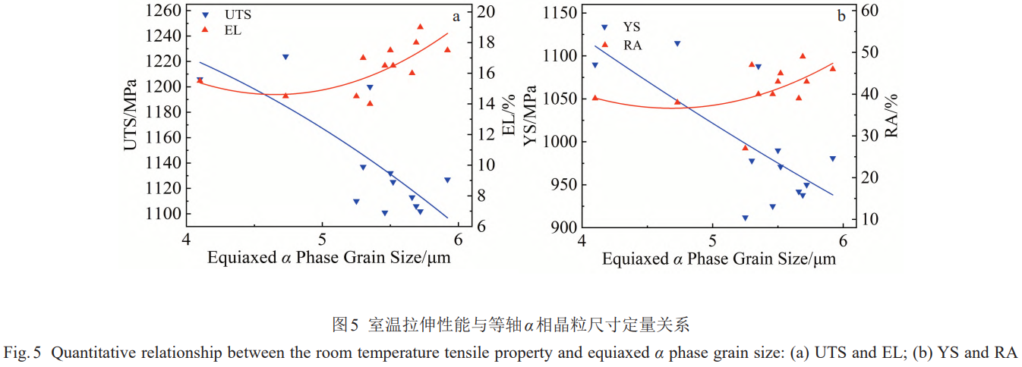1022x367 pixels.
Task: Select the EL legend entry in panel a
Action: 232,30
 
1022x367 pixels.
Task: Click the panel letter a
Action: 456,16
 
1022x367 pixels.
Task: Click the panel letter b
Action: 841,16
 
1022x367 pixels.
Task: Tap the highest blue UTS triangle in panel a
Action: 285,57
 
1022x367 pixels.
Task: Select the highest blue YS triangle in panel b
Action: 677,44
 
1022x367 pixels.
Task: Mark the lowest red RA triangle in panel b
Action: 745,147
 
